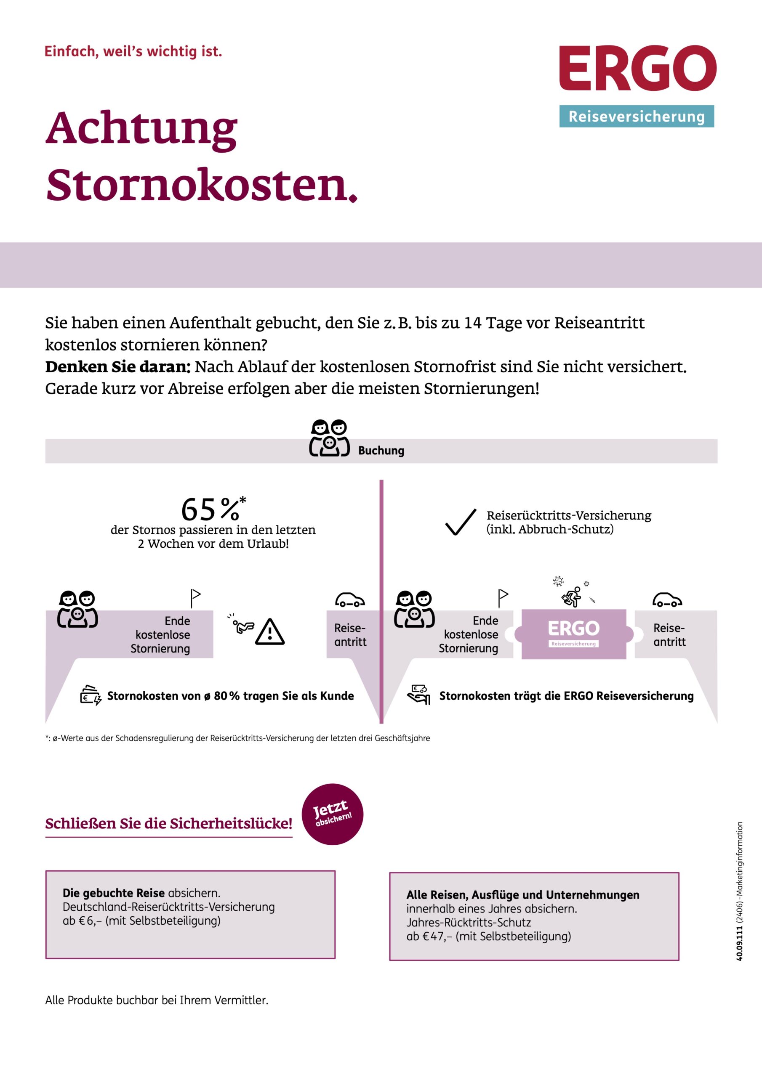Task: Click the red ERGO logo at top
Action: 637,68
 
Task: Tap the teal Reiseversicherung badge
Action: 636,117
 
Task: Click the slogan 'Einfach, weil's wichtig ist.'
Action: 133,51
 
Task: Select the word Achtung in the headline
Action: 141,129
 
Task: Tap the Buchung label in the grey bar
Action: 381,451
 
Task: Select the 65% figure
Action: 211,509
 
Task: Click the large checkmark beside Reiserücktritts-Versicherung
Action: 461,522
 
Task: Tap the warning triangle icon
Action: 269,632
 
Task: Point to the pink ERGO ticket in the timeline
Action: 573,634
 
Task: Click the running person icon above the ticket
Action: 572,597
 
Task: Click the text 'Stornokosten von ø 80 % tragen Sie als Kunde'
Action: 230,696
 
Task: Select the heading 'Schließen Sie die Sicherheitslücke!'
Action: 168,823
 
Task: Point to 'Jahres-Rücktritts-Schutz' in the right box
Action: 468,923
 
